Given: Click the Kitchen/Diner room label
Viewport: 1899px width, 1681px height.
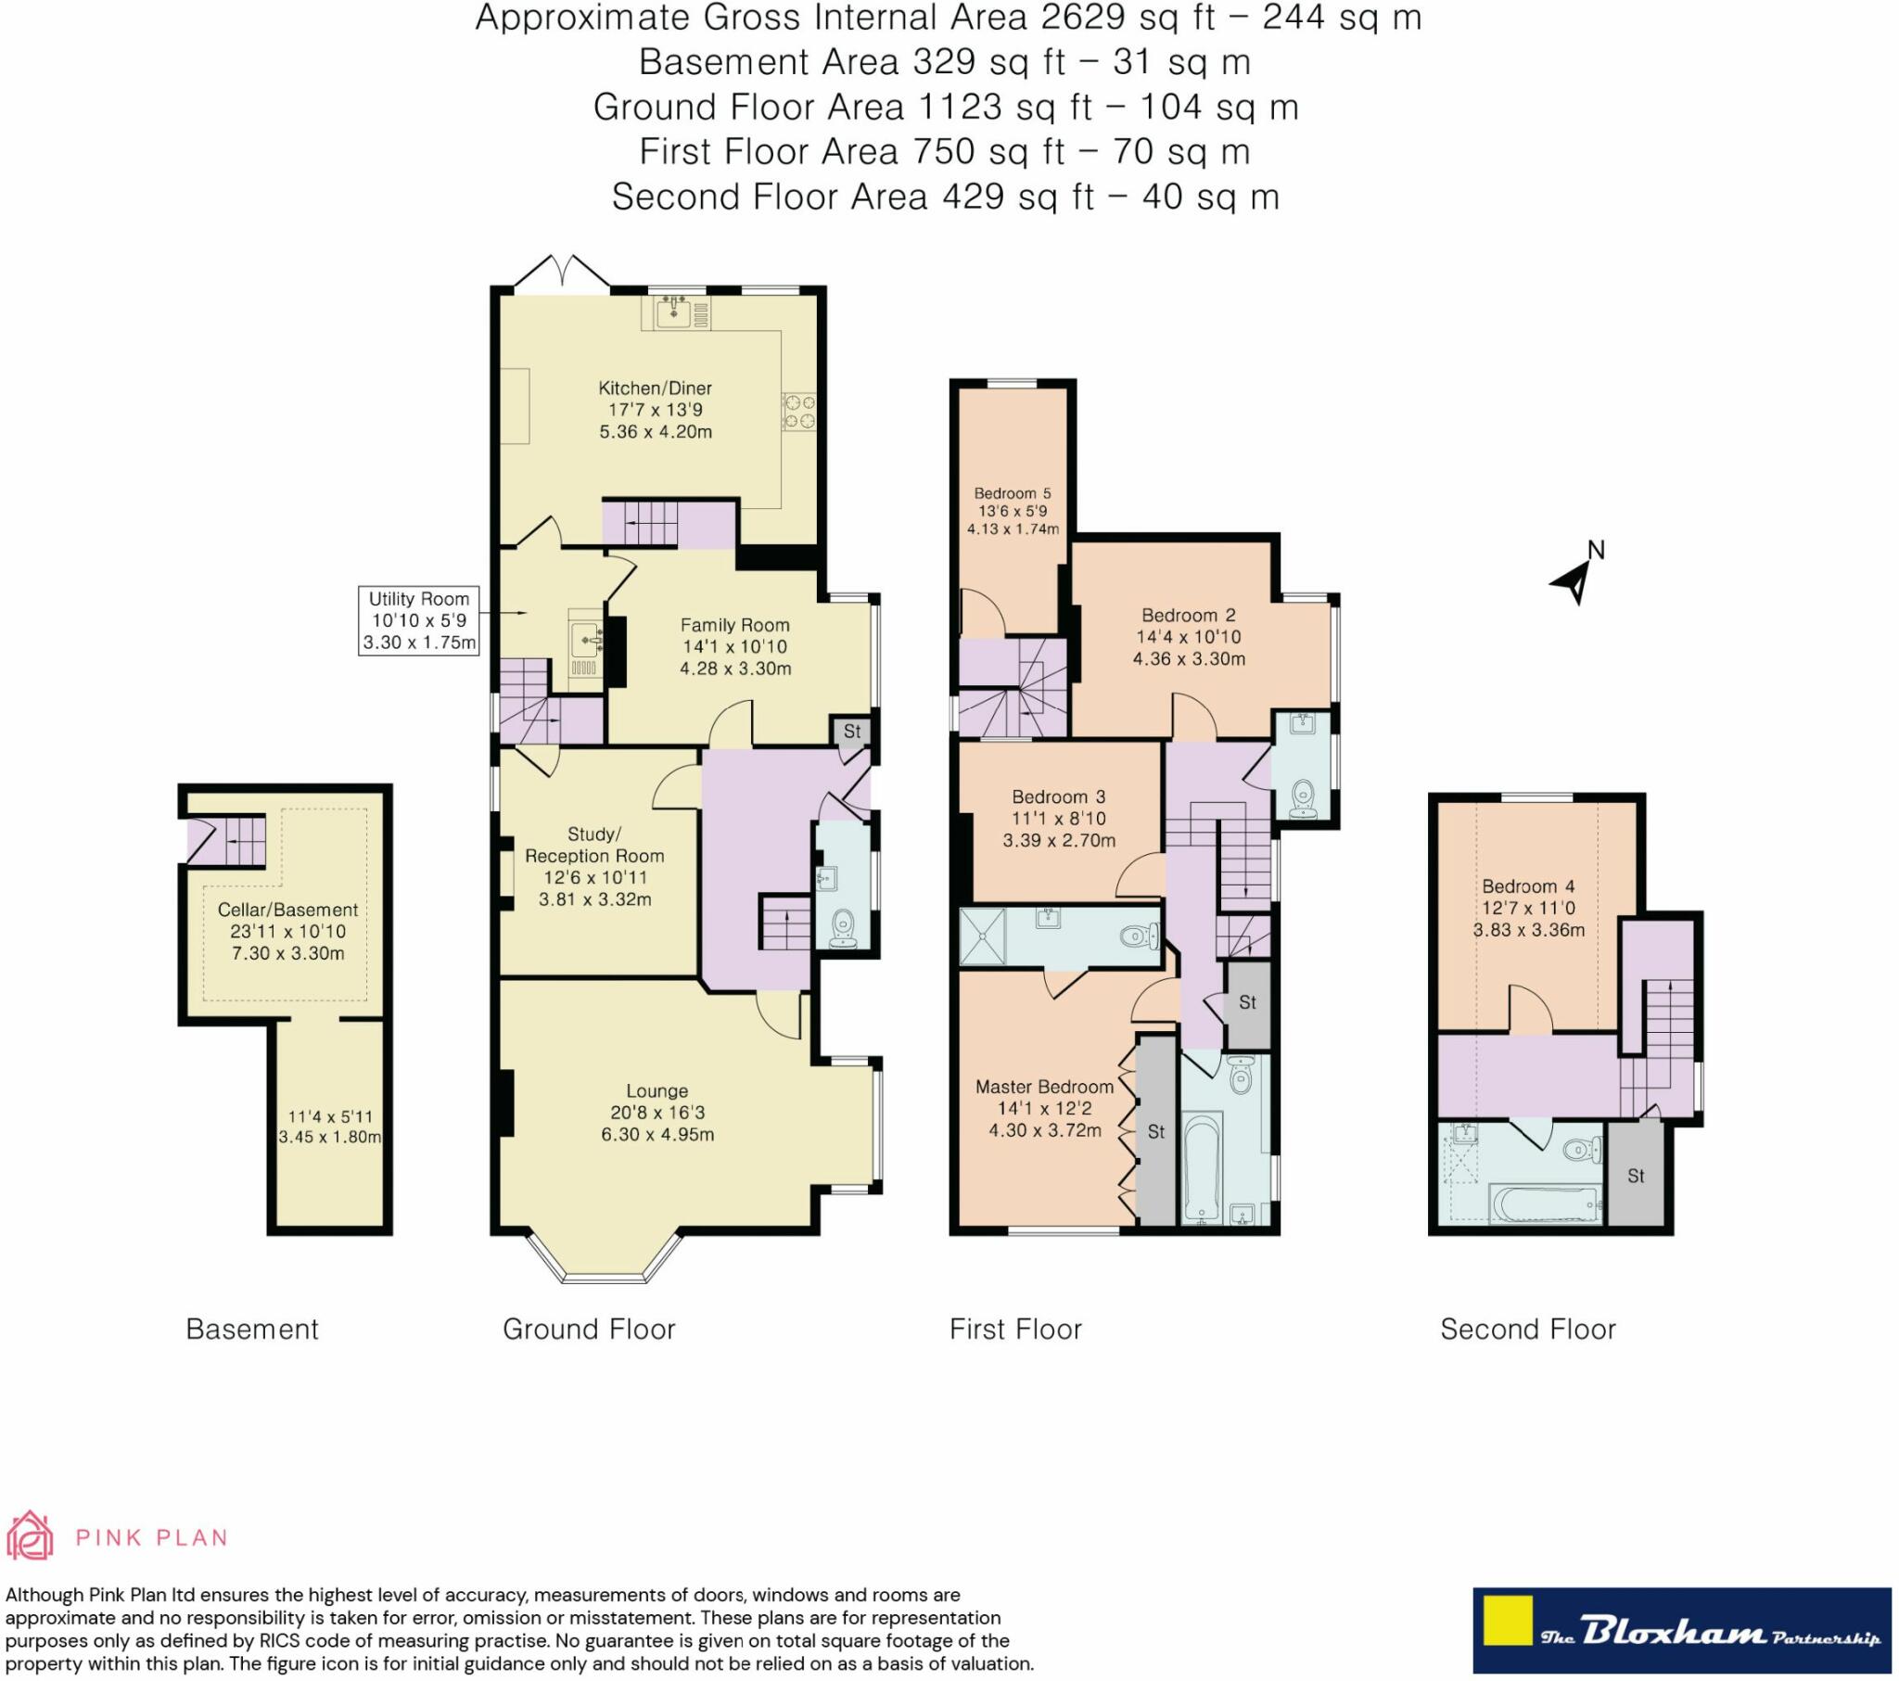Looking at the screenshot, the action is tap(654, 388).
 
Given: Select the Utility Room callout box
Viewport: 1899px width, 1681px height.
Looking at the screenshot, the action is tap(418, 620).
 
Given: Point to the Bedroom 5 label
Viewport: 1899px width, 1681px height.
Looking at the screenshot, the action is tap(1012, 493).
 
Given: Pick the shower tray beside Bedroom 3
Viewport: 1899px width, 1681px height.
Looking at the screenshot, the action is tap(983, 937).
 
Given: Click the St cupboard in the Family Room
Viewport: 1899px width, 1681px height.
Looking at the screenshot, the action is tap(851, 732).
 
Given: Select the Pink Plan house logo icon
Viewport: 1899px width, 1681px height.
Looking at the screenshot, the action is tap(30, 1535).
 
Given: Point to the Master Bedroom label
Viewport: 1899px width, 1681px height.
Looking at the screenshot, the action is tap(1043, 1087).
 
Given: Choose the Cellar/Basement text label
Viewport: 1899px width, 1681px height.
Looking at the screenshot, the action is tap(287, 910).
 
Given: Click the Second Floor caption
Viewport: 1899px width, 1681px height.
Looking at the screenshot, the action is tap(1527, 1330).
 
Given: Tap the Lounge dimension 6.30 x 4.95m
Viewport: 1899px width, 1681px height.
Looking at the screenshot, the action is tap(656, 1135).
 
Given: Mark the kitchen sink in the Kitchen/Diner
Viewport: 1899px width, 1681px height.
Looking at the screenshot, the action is tap(673, 313).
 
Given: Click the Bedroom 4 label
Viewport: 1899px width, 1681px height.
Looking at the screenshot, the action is tap(1527, 886).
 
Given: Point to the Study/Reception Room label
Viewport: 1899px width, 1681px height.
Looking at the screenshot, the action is tap(594, 845).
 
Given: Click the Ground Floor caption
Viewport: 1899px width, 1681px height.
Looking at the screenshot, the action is tap(588, 1330).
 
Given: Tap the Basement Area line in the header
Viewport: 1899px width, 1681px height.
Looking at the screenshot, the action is tap(944, 62).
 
